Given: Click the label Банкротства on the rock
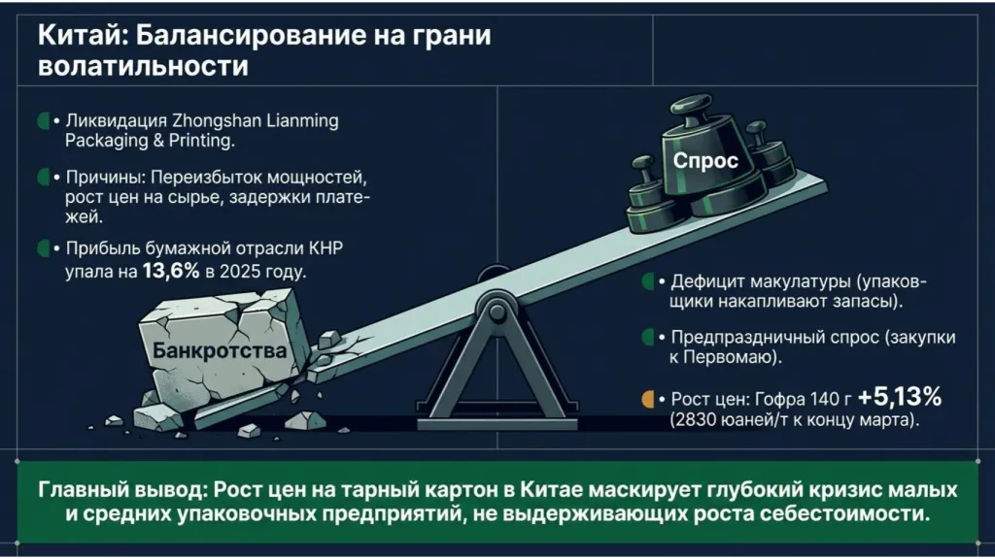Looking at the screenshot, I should [x=220, y=350].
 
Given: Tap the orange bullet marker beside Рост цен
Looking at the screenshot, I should [x=648, y=399].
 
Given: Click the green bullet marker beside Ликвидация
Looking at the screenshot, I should [x=43, y=121].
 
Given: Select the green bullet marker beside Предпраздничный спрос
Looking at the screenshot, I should [x=648, y=337].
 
